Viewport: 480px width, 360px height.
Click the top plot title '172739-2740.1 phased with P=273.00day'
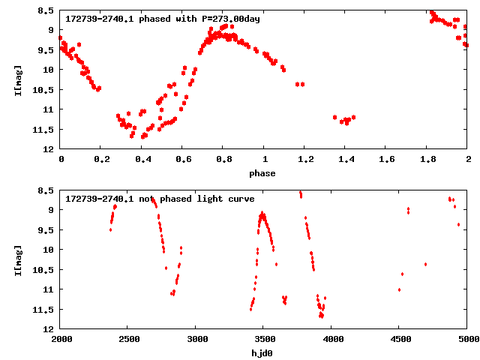point(163,19)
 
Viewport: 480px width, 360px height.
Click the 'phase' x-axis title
point(262,173)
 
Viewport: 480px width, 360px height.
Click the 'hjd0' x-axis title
point(262,352)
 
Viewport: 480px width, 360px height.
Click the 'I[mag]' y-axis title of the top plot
point(18,79)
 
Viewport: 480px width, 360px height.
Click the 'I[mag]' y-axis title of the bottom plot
point(18,259)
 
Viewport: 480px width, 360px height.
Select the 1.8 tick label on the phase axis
point(427,159)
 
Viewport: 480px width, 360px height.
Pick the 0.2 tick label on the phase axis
point(100,159)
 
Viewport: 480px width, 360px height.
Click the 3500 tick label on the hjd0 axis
point(262,339)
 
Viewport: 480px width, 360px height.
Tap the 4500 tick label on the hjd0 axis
point(398,339)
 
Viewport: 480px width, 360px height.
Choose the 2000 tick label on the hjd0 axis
point(60,339)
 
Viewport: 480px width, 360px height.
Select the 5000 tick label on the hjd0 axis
point(466,339)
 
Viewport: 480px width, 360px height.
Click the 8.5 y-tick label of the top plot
point(46,10)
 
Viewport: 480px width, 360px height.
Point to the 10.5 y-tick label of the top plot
point(44,90)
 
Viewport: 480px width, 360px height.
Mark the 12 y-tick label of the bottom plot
point(49,328)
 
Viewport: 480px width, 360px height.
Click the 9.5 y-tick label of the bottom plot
point(46,229)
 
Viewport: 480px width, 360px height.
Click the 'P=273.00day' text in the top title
point(229,19)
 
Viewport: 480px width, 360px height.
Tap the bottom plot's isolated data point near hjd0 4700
point(425,264)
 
